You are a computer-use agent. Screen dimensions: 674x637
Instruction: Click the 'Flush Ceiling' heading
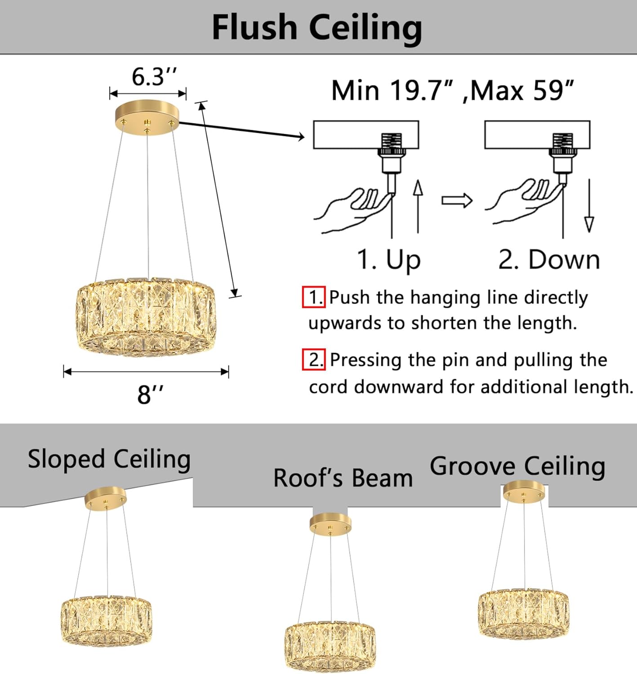coord(317,28)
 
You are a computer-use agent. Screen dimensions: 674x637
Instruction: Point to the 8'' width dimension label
coord(150,395)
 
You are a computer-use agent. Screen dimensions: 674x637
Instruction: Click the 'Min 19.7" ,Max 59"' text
coord(452,91)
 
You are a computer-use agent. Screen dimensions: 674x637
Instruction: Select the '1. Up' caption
coord(388,260)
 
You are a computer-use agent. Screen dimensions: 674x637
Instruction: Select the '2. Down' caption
coord(549,260)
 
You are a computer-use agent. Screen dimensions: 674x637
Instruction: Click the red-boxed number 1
coord(313,297)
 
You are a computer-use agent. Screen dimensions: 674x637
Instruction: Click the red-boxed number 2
coord(313,359)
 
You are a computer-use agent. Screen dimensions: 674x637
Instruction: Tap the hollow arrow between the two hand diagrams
coord(456,200)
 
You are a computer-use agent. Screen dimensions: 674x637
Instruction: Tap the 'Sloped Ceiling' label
coord(109,459)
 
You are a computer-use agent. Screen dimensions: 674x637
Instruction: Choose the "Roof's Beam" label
coord(343,478)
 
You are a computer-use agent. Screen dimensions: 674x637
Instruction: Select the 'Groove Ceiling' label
coord(517,466)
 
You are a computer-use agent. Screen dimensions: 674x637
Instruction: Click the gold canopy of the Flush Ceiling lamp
coord(147,116)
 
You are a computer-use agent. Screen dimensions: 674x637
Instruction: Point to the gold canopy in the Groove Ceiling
coord(524,492)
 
